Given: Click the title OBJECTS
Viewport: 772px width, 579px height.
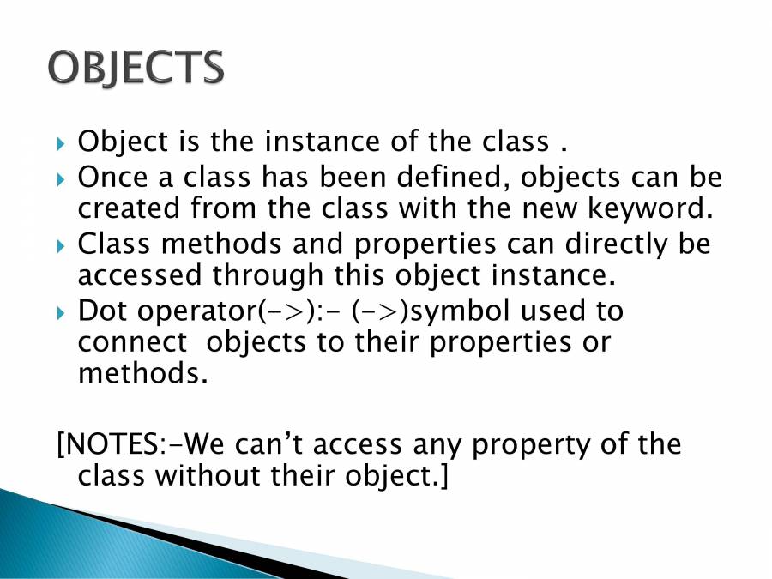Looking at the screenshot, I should pyautogui.click(x=136, y=66).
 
